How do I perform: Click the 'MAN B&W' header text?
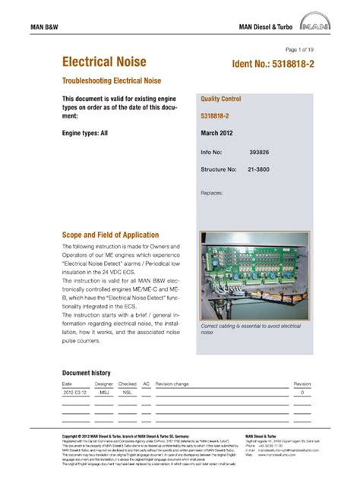46,27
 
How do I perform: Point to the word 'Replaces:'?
212,193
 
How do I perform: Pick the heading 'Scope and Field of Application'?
110,235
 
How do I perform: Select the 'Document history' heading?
86,373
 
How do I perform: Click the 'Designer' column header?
104,384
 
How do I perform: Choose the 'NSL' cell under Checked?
127,393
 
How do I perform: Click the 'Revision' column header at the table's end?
302,384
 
